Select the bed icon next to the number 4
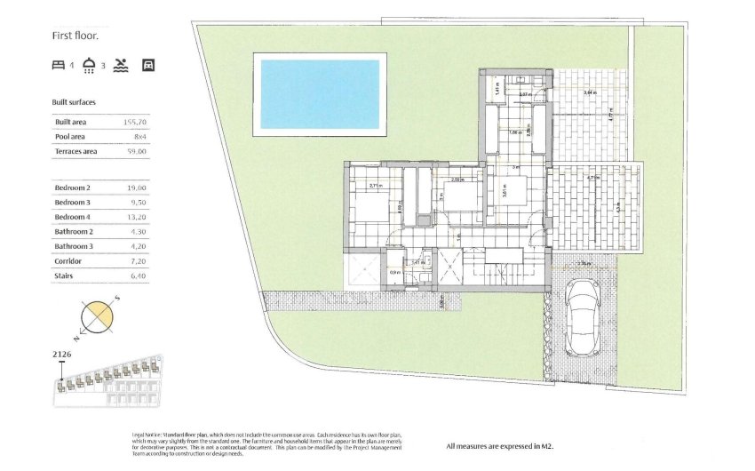tap(59, 64)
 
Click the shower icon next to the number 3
tap(90, 64)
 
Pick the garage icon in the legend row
tap(148, 64)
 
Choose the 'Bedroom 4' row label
tap(73, 217)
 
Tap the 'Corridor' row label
tap(68, 261)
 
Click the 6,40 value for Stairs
tap(139, 276)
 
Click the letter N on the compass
tap(77, 338)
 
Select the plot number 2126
tap(61, 355)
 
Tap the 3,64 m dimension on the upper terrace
tap(590, 92)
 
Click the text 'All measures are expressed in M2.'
tap(500, 445)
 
